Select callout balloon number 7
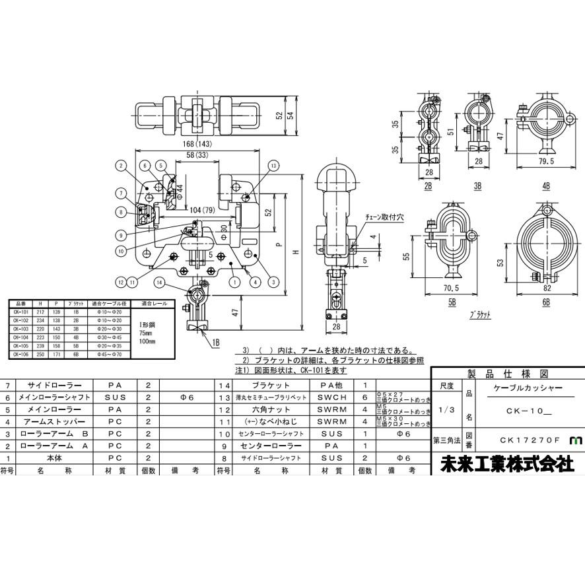tap(121, 193)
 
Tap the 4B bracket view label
tap(545, 187)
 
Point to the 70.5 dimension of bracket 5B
tap(452, 288)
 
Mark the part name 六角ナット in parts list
tap(271, 409)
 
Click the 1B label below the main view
tap(216, 343)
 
